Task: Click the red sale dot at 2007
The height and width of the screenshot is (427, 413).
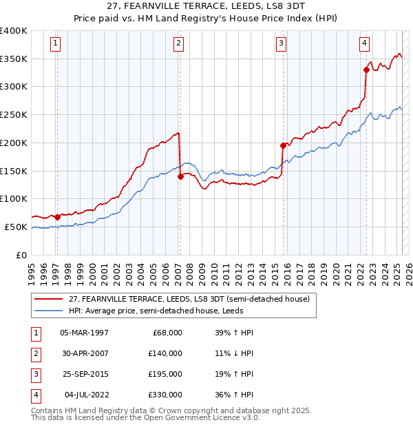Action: coord(180,176)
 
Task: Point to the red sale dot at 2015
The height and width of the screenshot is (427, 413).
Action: coord(283,145)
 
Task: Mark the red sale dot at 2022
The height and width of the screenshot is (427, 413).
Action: coord(366,70)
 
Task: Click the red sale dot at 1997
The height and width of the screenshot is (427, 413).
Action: coord(57,216)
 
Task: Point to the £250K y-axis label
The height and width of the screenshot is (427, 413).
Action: coord(14,115)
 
